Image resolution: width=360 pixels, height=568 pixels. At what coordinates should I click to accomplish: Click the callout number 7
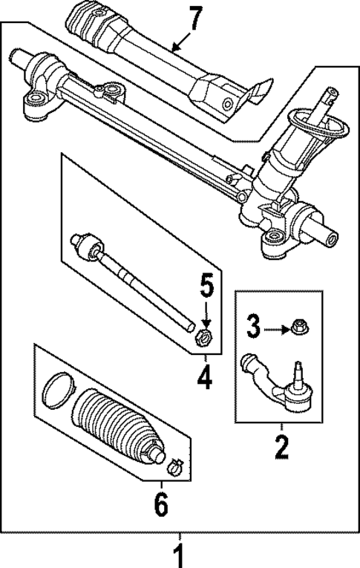tap(194, 18)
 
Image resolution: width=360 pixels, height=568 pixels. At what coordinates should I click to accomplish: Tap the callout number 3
tap(254, 324)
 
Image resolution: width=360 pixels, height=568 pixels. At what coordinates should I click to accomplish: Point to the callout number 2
tap(281, 448)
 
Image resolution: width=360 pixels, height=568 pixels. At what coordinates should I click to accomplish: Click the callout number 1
tap(178, 553)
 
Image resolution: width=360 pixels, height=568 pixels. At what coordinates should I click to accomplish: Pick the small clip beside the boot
tap(174, 466)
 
